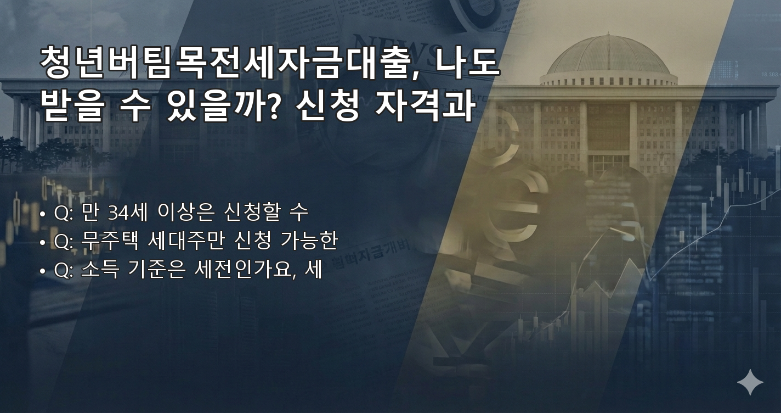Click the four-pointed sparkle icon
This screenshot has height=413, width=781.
click(x=750, y=382)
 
